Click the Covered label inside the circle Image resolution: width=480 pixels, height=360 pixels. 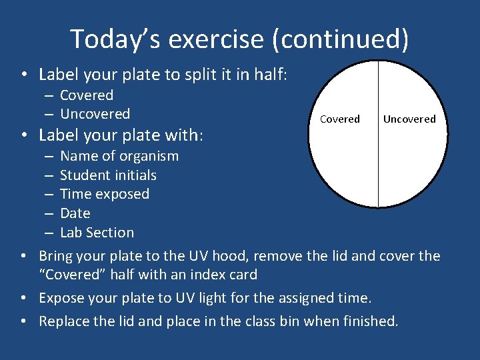click(x=339, y=119)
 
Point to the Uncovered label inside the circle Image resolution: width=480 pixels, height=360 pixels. click(x=409, y=119)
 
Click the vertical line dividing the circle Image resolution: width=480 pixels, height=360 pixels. click(x=378, y=167)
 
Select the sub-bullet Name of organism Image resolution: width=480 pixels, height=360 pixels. click(x=119, y=156)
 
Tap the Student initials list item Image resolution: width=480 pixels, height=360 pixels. click(x=108, y=175)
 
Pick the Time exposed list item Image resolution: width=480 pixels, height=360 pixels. click(x=104, y=194)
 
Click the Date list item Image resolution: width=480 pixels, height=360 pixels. click(x=75, y=213)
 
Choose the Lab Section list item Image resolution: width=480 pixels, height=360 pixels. click(x=97, y=233)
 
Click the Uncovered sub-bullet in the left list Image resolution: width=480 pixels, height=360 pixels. click(x=95, y=114)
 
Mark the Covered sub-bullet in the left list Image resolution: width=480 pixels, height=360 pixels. click(x=87, y=95)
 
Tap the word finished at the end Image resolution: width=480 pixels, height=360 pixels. click(x=370, y=321)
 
